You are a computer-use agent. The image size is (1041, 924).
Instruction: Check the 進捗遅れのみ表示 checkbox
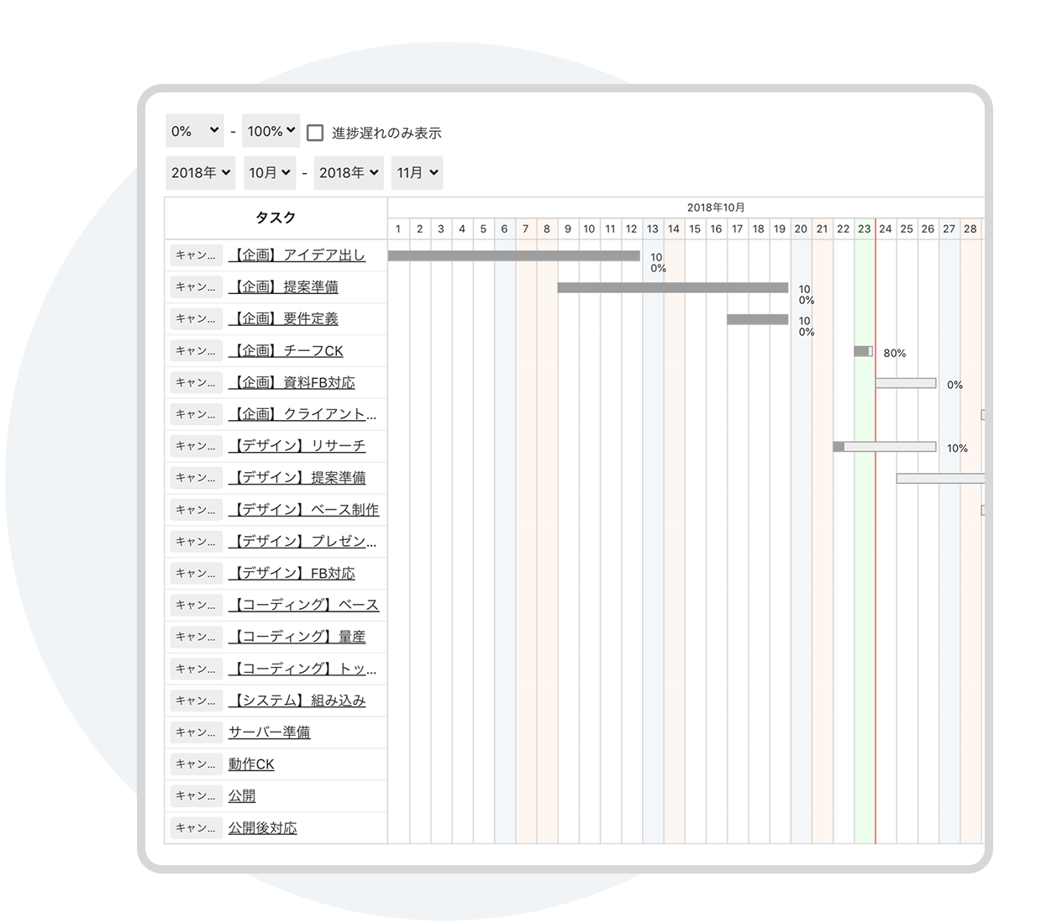[x=314, y=133]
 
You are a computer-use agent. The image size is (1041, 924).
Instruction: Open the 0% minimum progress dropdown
[x=194, y=131]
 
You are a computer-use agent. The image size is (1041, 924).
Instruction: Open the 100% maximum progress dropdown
[x=271, y=131]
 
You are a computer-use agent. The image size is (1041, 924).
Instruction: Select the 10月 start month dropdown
[x=270, y=172]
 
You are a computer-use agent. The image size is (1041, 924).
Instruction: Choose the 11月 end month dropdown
[x=417, y=172]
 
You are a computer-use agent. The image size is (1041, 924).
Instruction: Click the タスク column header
[x=276, y=218]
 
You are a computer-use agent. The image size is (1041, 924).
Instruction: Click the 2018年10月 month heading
[x=715, y=207]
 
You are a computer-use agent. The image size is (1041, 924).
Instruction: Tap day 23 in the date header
[x=864, y=229]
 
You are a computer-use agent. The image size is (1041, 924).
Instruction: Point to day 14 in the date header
[x=673, y=229]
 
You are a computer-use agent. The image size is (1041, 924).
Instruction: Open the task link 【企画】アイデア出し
[x=297, y=255]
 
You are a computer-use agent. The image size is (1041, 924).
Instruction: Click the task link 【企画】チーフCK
[x=286, y=351]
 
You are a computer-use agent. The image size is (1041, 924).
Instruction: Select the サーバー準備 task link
[x=269, y=732]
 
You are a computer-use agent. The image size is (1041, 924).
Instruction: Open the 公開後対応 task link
[x=263, y=827]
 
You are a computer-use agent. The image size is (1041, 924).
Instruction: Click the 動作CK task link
[x=251, y=764]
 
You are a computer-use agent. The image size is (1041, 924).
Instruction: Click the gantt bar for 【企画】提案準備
[x=673, y=287]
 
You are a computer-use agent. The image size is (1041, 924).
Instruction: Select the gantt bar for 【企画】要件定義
[x=757, y=319]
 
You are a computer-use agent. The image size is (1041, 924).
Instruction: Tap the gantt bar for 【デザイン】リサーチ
[x=884, y=447]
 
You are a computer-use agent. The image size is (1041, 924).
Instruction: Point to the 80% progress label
[x=894, y=354]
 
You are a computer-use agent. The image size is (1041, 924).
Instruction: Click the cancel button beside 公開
[x=196, y=795]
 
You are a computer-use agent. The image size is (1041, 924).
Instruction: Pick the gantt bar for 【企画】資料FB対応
[x=906, y=383]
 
